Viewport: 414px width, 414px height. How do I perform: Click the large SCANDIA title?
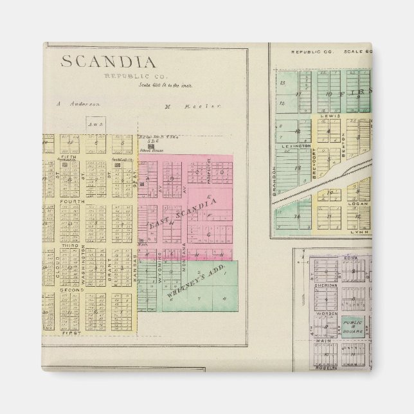[x=108, y=62]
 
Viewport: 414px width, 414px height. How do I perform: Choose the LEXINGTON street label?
[x=292, y=147]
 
